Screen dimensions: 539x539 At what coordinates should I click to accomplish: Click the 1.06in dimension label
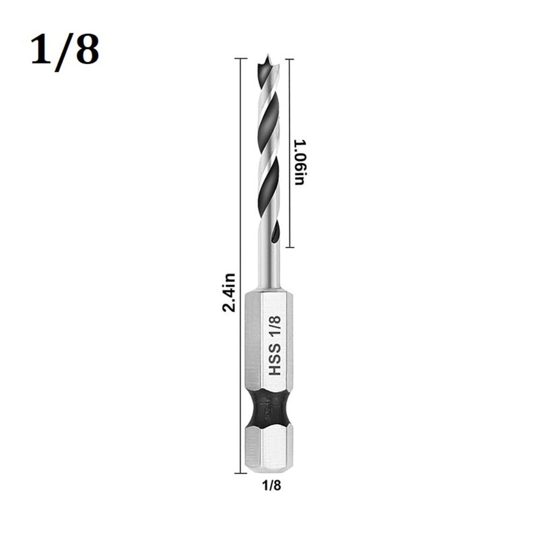pyautogui.click(x=299, y=162)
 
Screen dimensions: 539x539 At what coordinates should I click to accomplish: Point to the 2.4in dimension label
pyautogui.click(x=228, y=292)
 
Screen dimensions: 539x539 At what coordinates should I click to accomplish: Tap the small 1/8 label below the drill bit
pyautogui.click(x=270, y=485)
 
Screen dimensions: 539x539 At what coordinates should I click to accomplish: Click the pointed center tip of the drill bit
pyautogui.click(x=268, y=56)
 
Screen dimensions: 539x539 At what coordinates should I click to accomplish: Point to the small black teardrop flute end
pyautogui.click(x=275, y=233)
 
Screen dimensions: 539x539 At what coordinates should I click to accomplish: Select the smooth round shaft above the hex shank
pyautogui.click(x=268, y=269)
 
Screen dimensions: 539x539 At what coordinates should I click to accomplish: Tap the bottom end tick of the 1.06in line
pyautogui.click(x=290, y=247)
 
